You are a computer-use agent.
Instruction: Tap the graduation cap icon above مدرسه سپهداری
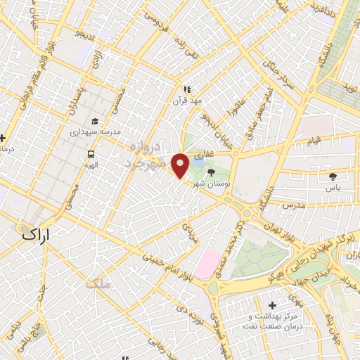[96, 121]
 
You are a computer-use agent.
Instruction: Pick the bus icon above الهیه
[91, 154]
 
